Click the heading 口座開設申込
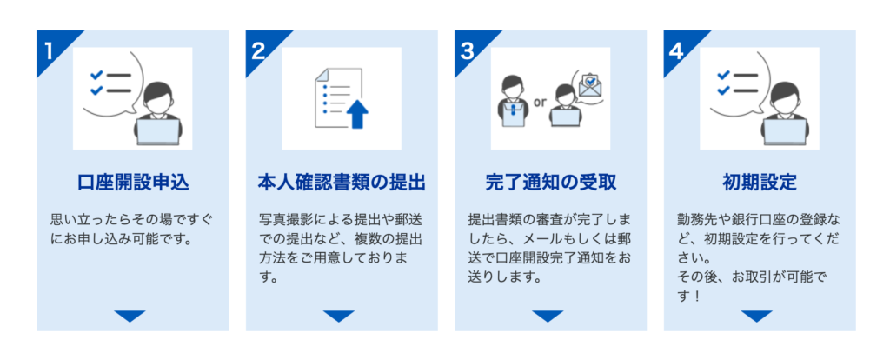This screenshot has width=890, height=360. point(133,183)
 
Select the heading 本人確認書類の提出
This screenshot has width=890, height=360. point(342,183)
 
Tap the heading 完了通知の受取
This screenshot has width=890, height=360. point(550,183)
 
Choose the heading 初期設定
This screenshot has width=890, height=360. point(760,183)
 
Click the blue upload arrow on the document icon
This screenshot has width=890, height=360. point(357,114)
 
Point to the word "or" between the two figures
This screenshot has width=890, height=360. point(539,103)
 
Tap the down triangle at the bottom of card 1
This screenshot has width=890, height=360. point(130,317)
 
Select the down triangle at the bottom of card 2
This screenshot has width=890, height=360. point(339,317)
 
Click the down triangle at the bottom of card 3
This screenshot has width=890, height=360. point(548,317)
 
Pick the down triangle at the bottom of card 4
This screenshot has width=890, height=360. point(757,317)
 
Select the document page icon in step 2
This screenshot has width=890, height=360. point(338,97)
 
